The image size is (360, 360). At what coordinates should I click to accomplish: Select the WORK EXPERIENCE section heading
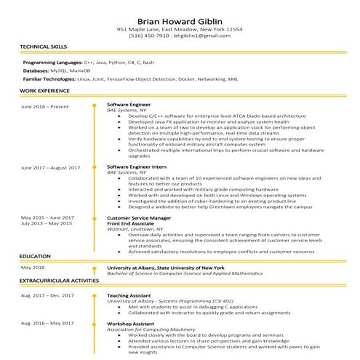click(x=43, y=91)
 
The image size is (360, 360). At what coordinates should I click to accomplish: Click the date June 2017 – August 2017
click(x=50, y=167)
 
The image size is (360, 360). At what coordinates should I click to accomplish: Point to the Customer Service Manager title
click(x=139, y=217)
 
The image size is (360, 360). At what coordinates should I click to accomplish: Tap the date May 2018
click(x=33, y=268)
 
